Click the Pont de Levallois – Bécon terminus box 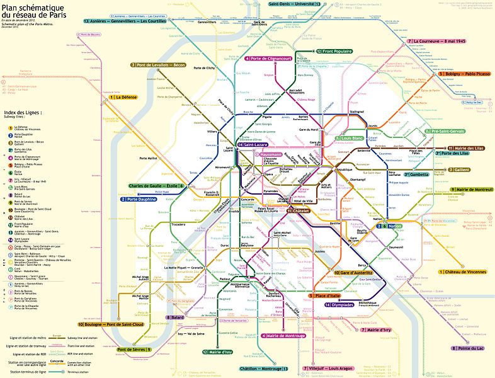(159, 65)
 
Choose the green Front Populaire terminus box (334, 51)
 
